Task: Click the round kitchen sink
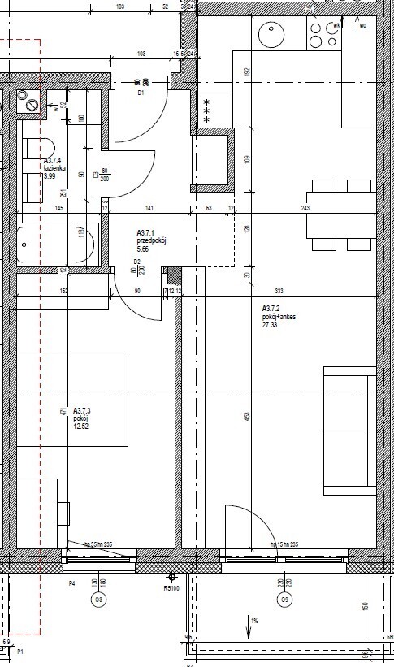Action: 270,34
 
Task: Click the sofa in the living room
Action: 349,431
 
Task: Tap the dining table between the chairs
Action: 340,214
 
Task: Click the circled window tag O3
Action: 99,600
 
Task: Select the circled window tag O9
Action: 284,600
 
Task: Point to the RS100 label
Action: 171,588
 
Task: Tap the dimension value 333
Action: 279,291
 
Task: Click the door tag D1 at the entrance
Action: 140,93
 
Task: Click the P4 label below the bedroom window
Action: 71,583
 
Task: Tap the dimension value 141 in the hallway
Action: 149,209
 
